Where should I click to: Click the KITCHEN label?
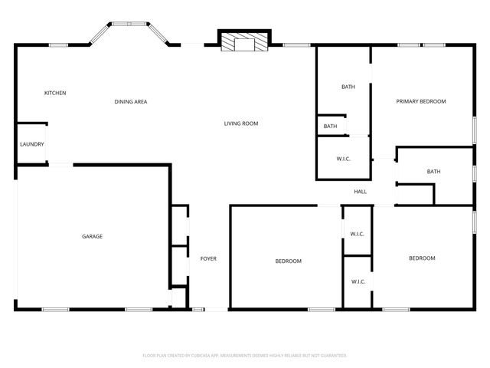click(x=55, y=93)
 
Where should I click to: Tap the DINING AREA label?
click(x=131, y=101)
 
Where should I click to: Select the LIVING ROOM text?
click(x=240, y=123)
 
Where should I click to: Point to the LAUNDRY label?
click(x=32, y=144)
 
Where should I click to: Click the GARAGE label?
click(x=92, y=236)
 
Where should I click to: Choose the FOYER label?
click(x=208, y=258)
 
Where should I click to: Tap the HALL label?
click(x=361, y=192)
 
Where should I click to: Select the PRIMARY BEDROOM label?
click(x=420, y=101)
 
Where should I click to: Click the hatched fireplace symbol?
click(x=244, y=42)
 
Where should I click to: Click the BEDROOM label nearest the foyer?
click(x=288, y=261)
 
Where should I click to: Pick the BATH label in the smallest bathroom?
click(x=330, y=127)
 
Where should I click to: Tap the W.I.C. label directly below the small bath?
click(x=343, y=159)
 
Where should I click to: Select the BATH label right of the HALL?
click(x=434, y=172)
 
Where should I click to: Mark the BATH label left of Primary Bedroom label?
click(x=348, y=87)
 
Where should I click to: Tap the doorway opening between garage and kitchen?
click(x=61, y=164)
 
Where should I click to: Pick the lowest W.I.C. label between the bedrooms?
click(x=358, y=281)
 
